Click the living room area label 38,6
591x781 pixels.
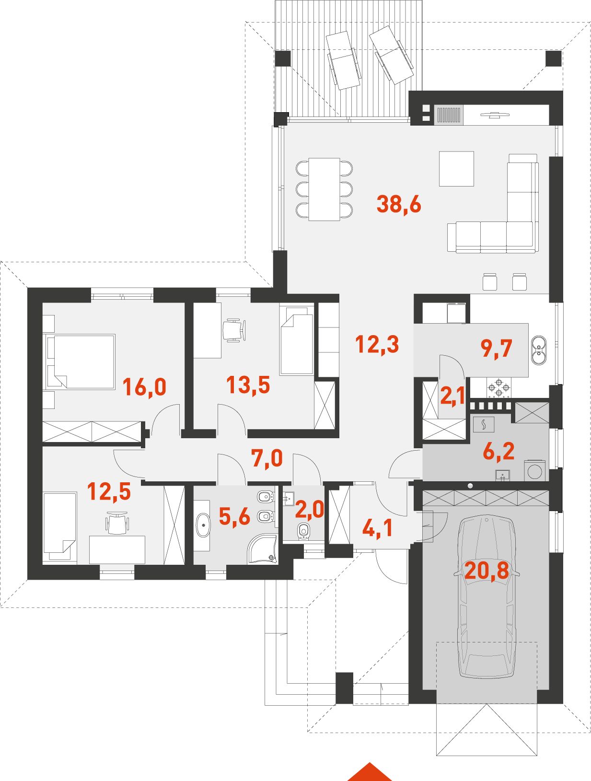pos(398,205)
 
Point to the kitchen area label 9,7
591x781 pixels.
pos(497,348)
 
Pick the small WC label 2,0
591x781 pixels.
pos(309,510)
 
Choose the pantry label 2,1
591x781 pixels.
pos(452,396)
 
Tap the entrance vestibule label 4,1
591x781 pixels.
pos(377,528)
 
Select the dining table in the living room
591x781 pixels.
pos(324,189)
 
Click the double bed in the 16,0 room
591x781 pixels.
pos(81,361)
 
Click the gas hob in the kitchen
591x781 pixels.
pos(498,387)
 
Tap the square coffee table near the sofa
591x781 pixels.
pos(456,169)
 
